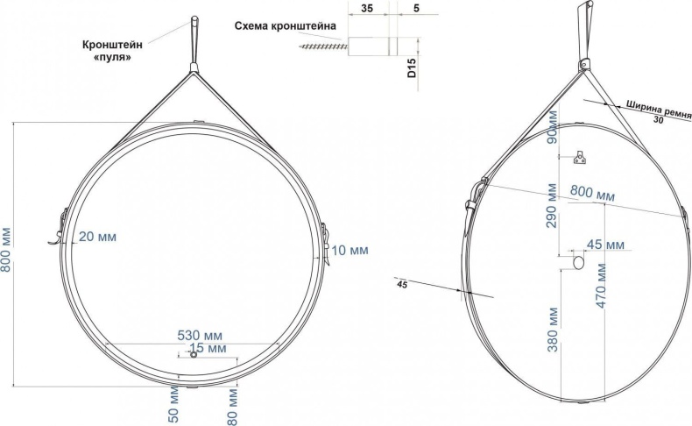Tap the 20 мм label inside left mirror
pyautogui.click(x=96, y=237)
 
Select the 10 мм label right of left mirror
pyautogui.click(x=350, y=251)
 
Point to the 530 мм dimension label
pyautogui.click(x=201, y=336)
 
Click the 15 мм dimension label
pyautogui.click(x=208, y=349)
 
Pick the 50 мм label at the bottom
pyautogui.click(x=174, y=402)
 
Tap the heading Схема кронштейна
pyautogui.click(x=286, y=25)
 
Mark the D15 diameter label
pyautogui.click(x=412, y=70)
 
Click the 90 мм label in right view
pyautogui.click(x=553, y=127)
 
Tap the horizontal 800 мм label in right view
pyautogui.click(x=592, y=192)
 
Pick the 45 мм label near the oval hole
pyautogui.click(x=605, y=243)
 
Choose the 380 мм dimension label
pyautogui.click(x=553, y=329)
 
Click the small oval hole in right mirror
pyautogui.click(x=577, y=261)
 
